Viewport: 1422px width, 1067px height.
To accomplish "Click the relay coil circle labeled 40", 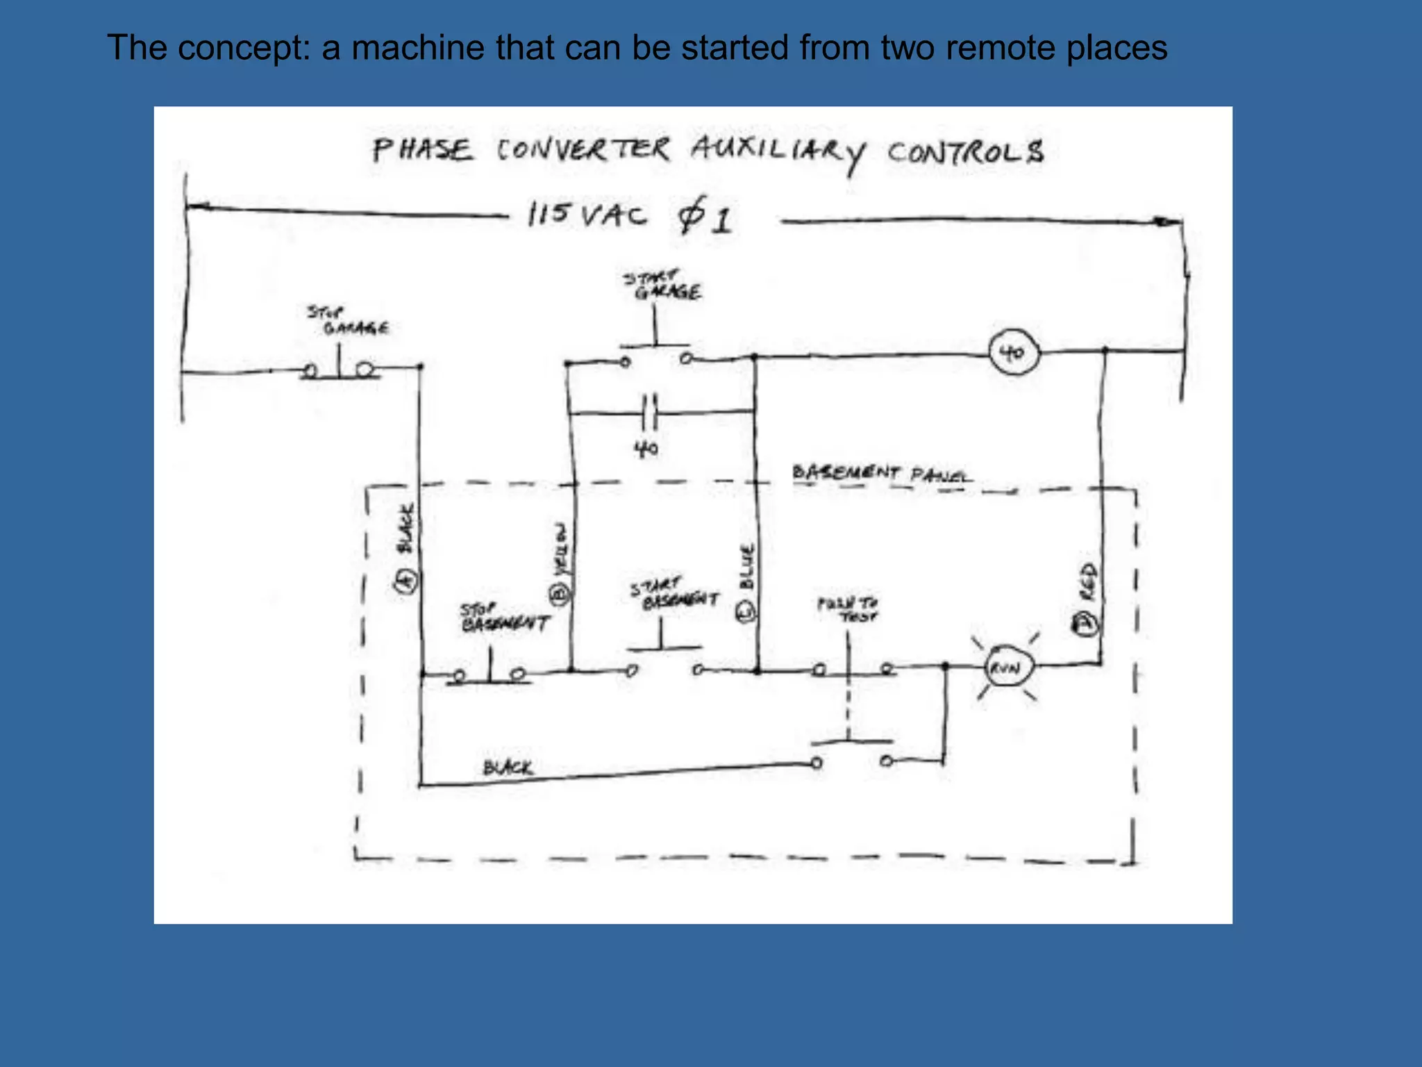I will pyautogui.click(x=1014, y=354).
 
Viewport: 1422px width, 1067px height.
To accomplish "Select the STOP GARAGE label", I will pyautogui.click(x=348, y=320).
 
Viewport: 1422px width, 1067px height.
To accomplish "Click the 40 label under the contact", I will pyautogui.click(x=646, y=449).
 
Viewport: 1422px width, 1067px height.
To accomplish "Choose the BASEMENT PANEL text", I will pyautogui.click(x=882, y=474).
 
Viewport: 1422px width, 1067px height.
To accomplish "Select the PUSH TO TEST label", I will pyautogui.click(x=847, y=609).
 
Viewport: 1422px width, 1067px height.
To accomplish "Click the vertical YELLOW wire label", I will pyautogui.click(x=560, y=549).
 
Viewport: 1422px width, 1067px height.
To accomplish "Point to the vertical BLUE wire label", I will pyautogui.click(x=746, y=566).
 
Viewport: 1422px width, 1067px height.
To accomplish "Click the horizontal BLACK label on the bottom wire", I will pyautogui.click(x=508, y=768).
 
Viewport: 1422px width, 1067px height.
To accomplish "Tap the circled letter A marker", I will pyautogui.click(x=407, y=579).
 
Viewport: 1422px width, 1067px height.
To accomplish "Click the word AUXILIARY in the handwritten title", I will pyautogui.click(x=778, y=151).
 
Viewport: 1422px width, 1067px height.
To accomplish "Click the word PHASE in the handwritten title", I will pyautogui.click(x=422, y=149).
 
